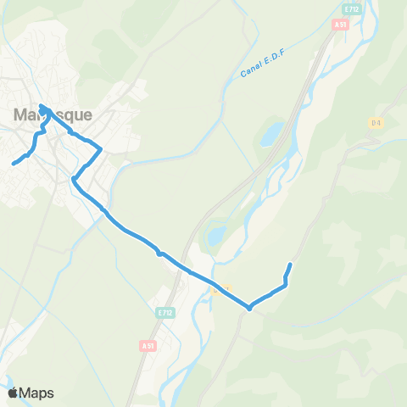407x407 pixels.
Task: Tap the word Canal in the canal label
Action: coord(250,72)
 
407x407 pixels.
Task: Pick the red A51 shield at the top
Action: coord(340,25)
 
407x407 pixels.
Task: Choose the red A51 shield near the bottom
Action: coord(148,345)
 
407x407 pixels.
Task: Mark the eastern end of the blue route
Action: coord(290,265)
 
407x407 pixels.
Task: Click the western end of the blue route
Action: coord(14,163)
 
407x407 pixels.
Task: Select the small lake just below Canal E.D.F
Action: coord(271,134)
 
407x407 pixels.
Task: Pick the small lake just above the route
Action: coord(216,233)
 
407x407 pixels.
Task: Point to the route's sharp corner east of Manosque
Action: coord(101,150)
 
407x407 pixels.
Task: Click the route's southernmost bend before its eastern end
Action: coord(249,308)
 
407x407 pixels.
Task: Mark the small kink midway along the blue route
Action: coord(159,253)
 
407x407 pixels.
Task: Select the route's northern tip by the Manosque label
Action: coord(42,107)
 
